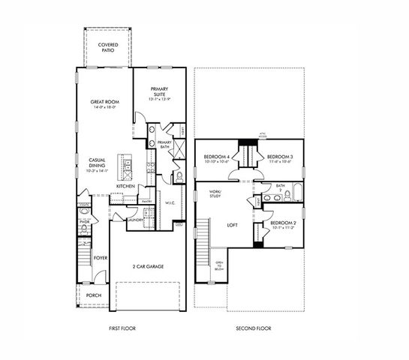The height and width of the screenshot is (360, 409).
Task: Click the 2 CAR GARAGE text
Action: [149, 266]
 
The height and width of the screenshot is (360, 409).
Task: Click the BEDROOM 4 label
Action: [217, 158]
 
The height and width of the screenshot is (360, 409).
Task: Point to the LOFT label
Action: [233, 224]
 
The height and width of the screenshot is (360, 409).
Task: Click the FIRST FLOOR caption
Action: [122, 328]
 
